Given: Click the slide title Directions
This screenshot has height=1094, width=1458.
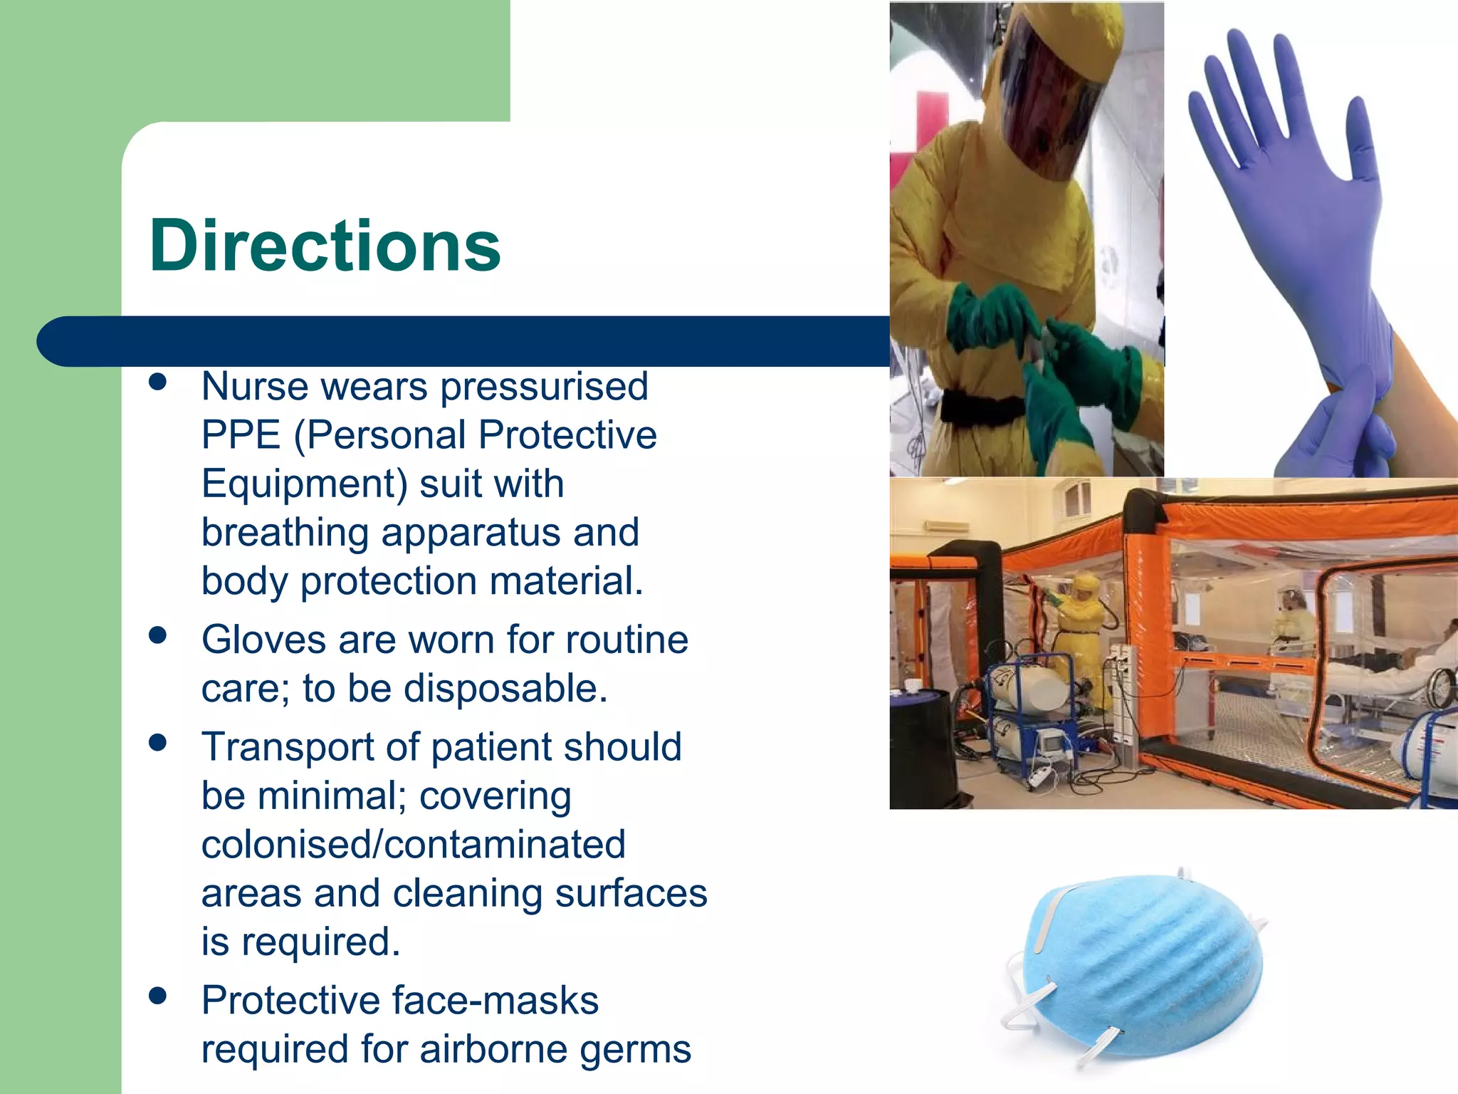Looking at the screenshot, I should click(x=325, y=246).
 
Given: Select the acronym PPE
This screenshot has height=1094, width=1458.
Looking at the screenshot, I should click(x=241, y=435).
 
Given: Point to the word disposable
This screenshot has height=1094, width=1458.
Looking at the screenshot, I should click(x=505, y=689).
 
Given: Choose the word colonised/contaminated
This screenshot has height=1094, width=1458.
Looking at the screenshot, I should click(x=413, y=845).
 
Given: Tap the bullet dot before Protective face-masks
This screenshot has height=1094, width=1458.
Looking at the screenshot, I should click(x=158, y=996).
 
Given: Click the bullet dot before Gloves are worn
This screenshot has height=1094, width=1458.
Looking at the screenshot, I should click(x=158, y=635).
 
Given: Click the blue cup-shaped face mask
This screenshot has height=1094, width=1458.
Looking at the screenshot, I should click(x=1139, y=962).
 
